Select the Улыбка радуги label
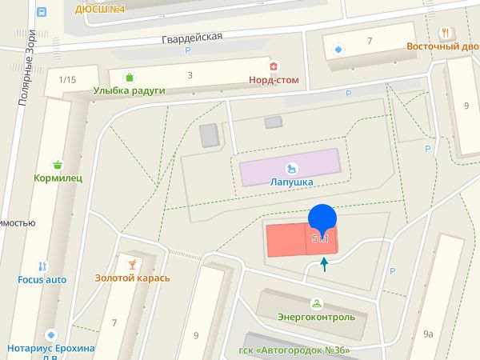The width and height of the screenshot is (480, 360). pos(129,90)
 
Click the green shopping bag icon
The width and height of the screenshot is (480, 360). pos(129,77)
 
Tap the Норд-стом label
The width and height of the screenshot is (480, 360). pos(274,79)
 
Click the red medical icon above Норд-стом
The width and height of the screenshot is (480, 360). pos(274,66)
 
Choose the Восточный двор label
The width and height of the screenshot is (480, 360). pos(442,46)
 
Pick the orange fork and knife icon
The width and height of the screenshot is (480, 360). pos(444,32)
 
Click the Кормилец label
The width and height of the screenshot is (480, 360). pos(58,178)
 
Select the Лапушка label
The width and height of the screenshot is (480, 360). pos(290,182)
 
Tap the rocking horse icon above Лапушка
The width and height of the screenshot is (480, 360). pos(292,167)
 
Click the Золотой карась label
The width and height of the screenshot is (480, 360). pos(133,278)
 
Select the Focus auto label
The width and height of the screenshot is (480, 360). pos(42,280)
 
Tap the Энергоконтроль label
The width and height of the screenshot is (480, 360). pos(316,317)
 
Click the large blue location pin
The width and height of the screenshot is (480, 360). pos(322,219)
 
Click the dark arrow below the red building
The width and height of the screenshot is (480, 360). pos(324,264)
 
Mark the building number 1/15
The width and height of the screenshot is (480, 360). pos(67,79)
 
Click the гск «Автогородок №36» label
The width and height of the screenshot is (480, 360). pos(294,351)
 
